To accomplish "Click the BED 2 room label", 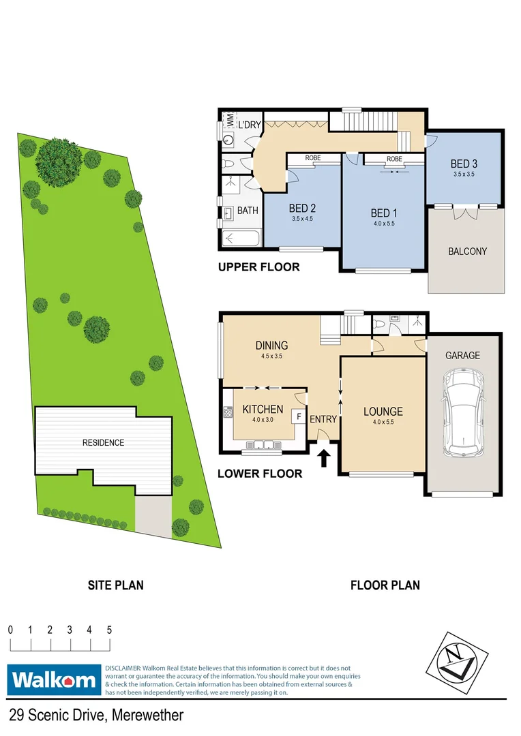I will [x=301, y=208].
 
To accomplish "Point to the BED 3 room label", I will [x=464, y=164].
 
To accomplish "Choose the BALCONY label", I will [x=467, y=251].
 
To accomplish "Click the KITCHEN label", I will [x=263, y=409].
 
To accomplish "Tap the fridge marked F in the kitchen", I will [x=298, y=414].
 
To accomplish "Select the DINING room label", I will [x=271, y=346].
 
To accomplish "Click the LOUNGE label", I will [x=383, y=412].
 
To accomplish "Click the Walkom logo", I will [x=53, y=679].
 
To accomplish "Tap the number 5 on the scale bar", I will [x=109, y=630].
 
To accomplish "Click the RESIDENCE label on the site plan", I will [x=103, y=443].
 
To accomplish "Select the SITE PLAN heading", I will [x=115, y=585].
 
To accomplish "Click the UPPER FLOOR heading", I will [x=258, y=266].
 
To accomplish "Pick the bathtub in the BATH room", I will [x=240, y=239].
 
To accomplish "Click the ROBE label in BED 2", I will [x=312, y=158].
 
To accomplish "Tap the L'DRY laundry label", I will [x=248, y=125].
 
